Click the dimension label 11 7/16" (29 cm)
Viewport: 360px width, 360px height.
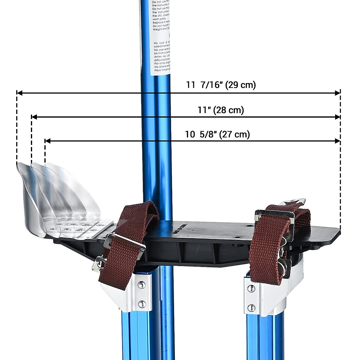click(x=221, y=85)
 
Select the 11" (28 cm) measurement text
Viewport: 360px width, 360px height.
click(x=221, y=110)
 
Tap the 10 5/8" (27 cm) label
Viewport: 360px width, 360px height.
click(x=217, y=134)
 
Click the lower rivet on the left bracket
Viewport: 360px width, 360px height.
click(x=141, y=303)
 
